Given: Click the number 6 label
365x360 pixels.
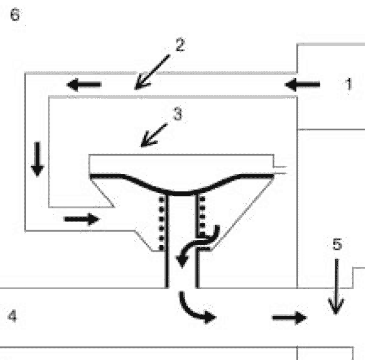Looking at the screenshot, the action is [15, 14].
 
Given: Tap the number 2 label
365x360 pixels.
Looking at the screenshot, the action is [180, 45].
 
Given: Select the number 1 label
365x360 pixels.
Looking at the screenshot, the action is [348, 84].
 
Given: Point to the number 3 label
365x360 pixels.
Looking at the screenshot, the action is [178, 114].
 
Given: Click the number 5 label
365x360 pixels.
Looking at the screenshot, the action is [337, 244].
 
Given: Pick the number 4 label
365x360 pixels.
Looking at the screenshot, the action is [12, 316].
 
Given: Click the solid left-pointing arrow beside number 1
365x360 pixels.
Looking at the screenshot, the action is [302, 85].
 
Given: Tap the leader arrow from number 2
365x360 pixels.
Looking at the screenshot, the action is [152, 72].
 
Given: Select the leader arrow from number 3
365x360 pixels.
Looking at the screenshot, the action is [154, 135].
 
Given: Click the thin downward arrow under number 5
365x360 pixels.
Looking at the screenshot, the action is [337, 286].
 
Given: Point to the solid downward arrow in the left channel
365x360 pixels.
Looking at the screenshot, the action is [37, 159].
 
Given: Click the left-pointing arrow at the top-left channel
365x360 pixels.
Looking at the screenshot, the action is [84, 85].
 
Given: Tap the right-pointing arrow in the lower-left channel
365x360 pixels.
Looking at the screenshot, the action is [82, 219].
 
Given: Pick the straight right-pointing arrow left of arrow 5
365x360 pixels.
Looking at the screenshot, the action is [289, 317].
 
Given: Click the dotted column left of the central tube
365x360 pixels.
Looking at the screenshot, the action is [162, 224].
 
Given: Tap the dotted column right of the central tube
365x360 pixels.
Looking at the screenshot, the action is [202, 216].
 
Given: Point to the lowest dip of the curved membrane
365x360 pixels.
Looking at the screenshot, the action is [182, 194].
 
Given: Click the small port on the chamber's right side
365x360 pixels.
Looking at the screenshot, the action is [280, 170].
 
